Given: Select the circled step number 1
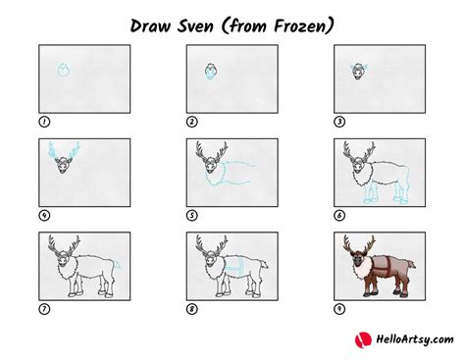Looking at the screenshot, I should coord(43,122).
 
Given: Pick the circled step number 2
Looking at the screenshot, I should coord(191,122).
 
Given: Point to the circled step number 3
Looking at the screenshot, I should coord(339,122).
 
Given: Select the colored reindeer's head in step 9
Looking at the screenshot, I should coord(358,258).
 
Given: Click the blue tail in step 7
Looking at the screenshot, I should coord(118,266).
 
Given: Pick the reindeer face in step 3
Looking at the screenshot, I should coord(358,72).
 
